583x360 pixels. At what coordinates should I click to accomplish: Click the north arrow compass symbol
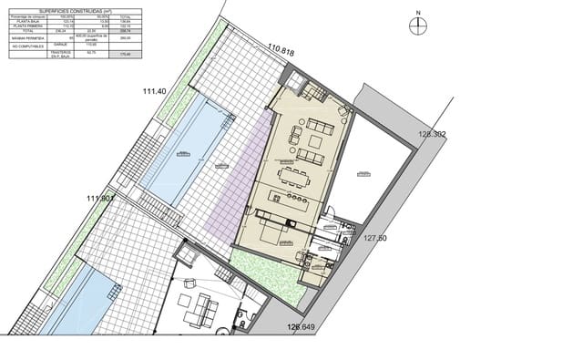click(416, 25)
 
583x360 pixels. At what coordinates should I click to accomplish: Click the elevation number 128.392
click(433, 134)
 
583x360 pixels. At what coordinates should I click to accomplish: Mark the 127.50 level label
click(376, 238)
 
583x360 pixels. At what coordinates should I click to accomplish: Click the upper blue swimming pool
click(187, 150)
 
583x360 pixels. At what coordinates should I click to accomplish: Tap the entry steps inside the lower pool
click(113, 291)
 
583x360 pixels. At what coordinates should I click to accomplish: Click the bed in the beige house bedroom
click(273, 234)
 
